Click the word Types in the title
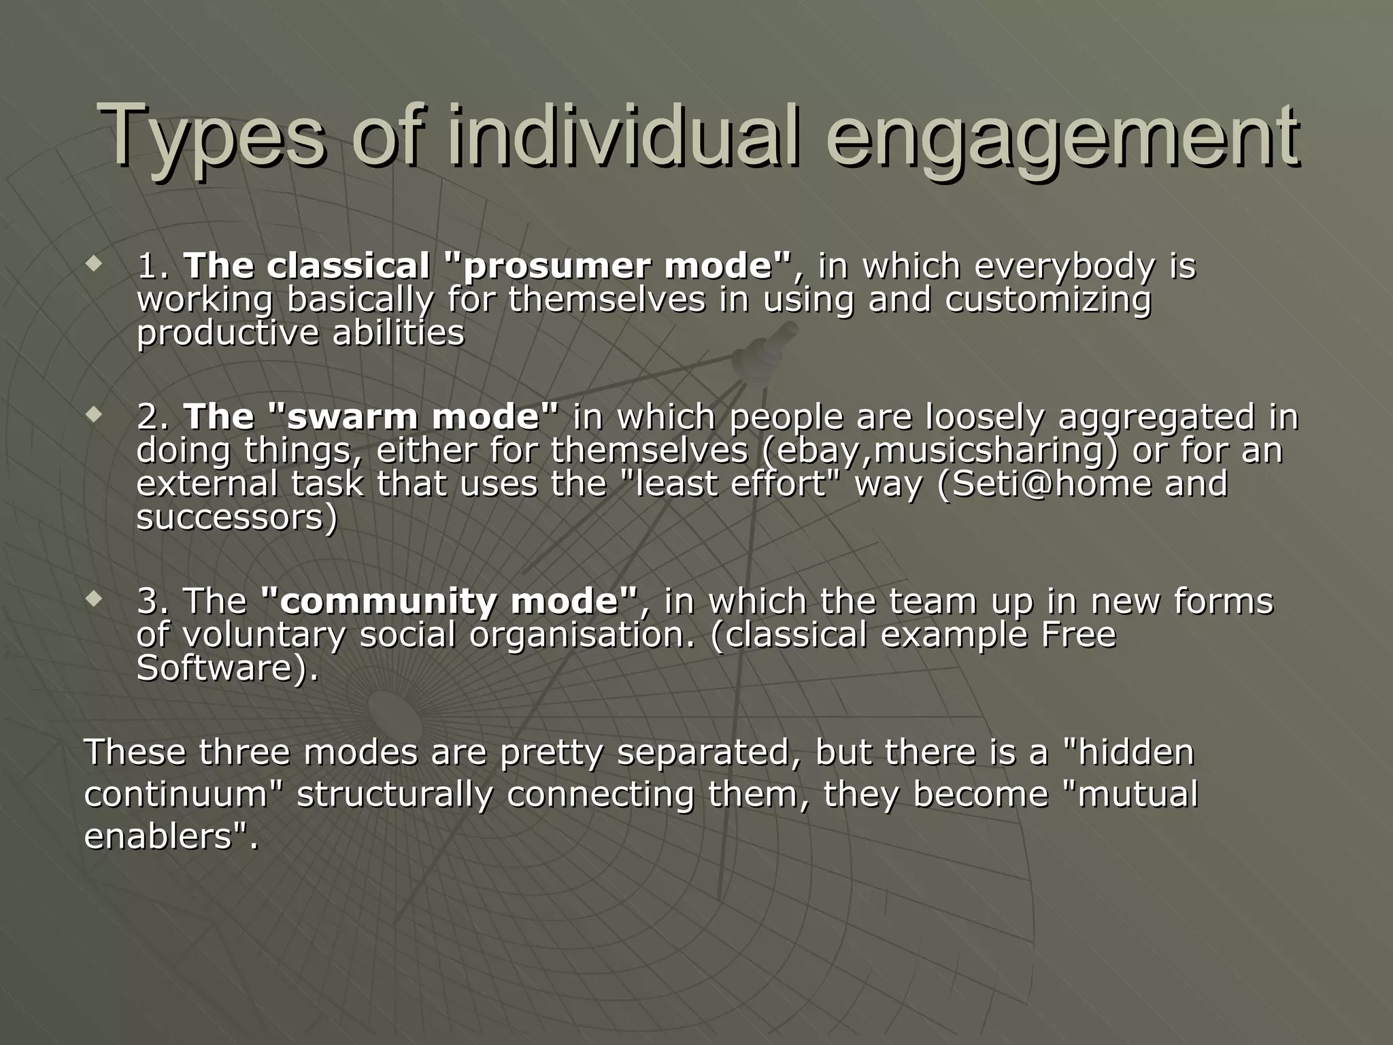coord(211,136)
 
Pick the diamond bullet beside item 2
coord(94,413)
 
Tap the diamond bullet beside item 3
coord(94,598)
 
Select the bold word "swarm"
coord(346,416)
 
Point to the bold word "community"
coord(379,601)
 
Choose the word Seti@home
coord(1045,484)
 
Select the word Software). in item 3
coord(227,668)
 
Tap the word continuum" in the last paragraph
coord(184,795)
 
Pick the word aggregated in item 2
coord(1156,416)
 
